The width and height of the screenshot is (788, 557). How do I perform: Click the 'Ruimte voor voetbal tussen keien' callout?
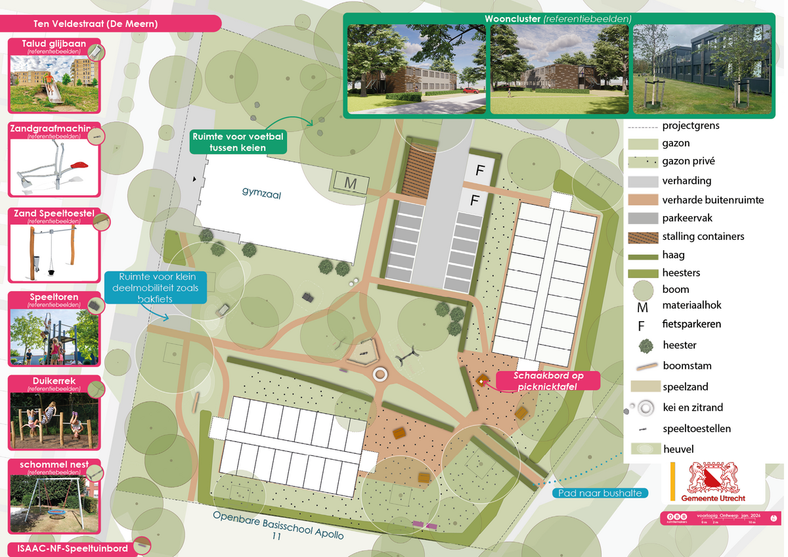(237, 142)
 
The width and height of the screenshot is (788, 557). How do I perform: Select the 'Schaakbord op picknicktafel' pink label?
(548, 381)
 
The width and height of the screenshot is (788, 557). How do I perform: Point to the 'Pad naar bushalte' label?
(600, 493)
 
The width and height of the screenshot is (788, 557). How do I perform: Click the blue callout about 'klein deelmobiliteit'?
(157, 287)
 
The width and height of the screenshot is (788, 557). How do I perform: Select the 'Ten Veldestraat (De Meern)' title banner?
(95, 24)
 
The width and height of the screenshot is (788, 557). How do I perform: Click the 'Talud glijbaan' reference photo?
(54, 83)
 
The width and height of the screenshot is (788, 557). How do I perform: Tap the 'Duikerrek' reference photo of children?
(54, 420)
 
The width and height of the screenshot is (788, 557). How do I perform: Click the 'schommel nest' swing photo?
(54, 503)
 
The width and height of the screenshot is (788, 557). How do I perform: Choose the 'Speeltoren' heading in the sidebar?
(54, 298)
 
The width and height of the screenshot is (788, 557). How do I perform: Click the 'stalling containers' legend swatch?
(643, 236)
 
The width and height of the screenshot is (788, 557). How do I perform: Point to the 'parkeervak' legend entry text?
(687, 218)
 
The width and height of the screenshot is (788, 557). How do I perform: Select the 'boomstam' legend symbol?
(643, 366)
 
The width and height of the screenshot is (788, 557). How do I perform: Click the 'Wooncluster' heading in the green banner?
(512, 18)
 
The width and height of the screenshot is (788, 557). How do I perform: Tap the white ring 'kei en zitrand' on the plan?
(380, 374)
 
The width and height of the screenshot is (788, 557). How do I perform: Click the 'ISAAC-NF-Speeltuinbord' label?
(69, 547)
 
